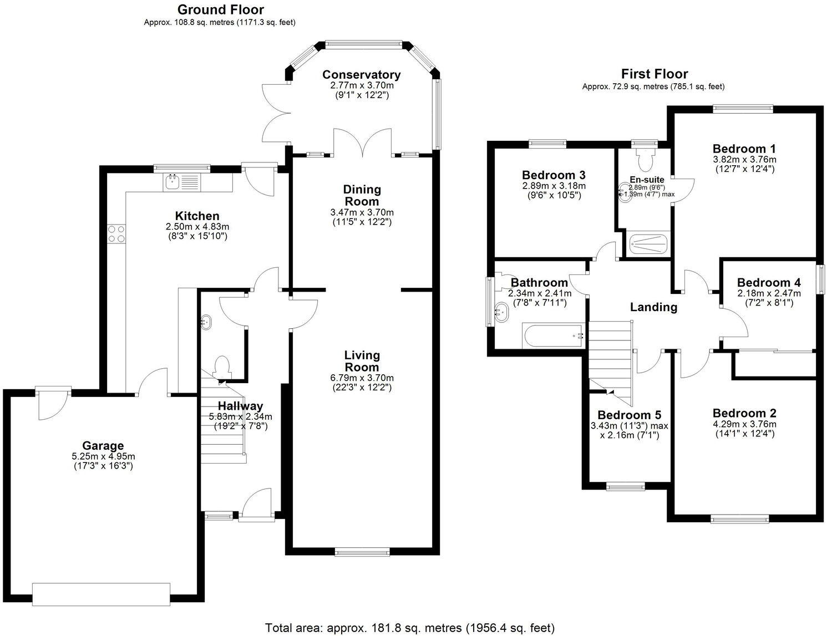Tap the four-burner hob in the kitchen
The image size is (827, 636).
[116, 233]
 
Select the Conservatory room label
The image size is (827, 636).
[361, 75]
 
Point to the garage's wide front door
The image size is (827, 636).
[101, 594]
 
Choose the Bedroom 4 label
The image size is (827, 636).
[769, 283]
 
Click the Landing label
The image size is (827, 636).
[653, 307]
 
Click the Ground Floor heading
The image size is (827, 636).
[220, 9]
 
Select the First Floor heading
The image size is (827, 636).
[654, 74]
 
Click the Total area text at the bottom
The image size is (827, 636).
[409, 628]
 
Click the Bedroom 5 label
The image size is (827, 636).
[629, 415]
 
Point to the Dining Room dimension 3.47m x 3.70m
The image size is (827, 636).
[362, 212]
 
